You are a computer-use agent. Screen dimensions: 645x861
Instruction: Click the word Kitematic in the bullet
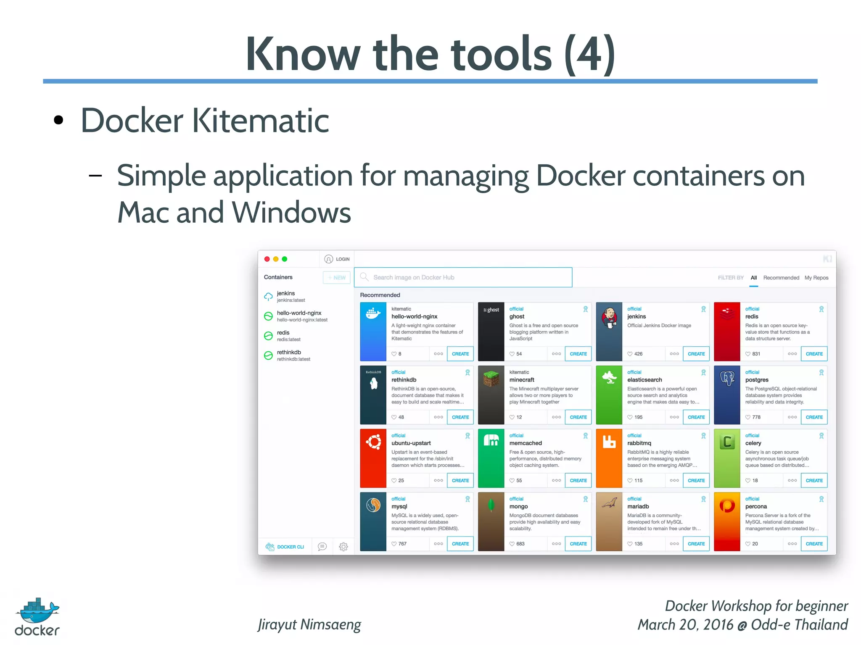tap(260, 121)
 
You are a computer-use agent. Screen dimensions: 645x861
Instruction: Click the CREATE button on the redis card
tap(814, 354)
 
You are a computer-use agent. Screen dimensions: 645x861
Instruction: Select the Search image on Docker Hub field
tap(463, 277)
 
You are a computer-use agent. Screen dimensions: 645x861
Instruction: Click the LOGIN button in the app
tap(337, 259)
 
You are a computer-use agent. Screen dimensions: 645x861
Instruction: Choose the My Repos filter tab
tap(816, 278)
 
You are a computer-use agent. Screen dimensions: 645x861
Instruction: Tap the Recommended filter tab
tap(781, 278)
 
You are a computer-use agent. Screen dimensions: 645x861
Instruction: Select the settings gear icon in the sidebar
tap(343, 547)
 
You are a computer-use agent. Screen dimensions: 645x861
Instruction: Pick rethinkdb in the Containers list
tap(289, 353)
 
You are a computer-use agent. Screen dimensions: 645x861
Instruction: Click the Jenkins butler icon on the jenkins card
tap(609, 319)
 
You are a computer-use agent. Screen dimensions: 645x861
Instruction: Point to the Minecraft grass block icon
tap(491, 379)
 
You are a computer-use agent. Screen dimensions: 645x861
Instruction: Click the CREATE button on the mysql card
tap(460, 544)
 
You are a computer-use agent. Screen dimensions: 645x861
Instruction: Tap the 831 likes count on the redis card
tap(755, 354)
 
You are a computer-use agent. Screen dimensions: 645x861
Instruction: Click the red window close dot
tap(267, 259)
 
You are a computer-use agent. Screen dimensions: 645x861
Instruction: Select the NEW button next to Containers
tap(337, 278)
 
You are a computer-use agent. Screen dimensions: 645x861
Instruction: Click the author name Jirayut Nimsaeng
tap(309, 624)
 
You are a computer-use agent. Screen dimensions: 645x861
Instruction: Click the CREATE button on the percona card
tap(814, 544)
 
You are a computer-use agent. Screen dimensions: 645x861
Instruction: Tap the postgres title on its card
tap(756, 380)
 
